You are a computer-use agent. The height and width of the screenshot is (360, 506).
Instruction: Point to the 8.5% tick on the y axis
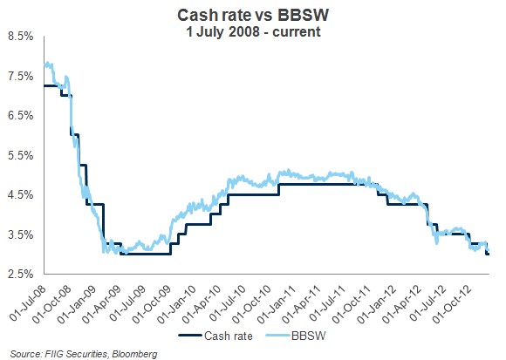(x=20, y=37)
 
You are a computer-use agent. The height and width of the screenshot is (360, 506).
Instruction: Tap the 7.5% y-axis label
(x=20, y=76)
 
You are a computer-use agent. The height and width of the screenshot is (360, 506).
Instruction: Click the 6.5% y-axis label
(x=20, y=116)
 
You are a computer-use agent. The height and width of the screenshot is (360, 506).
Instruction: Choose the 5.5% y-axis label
(x=20, y=155)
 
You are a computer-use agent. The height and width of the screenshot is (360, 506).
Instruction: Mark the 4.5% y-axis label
(x=20, y=195)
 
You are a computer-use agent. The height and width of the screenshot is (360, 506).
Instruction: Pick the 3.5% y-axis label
(x=20, y=234)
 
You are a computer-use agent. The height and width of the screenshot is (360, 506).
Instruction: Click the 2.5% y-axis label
(x=20, y=275)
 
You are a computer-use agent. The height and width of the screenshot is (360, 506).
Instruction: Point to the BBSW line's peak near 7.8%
(x=47, y=64)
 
